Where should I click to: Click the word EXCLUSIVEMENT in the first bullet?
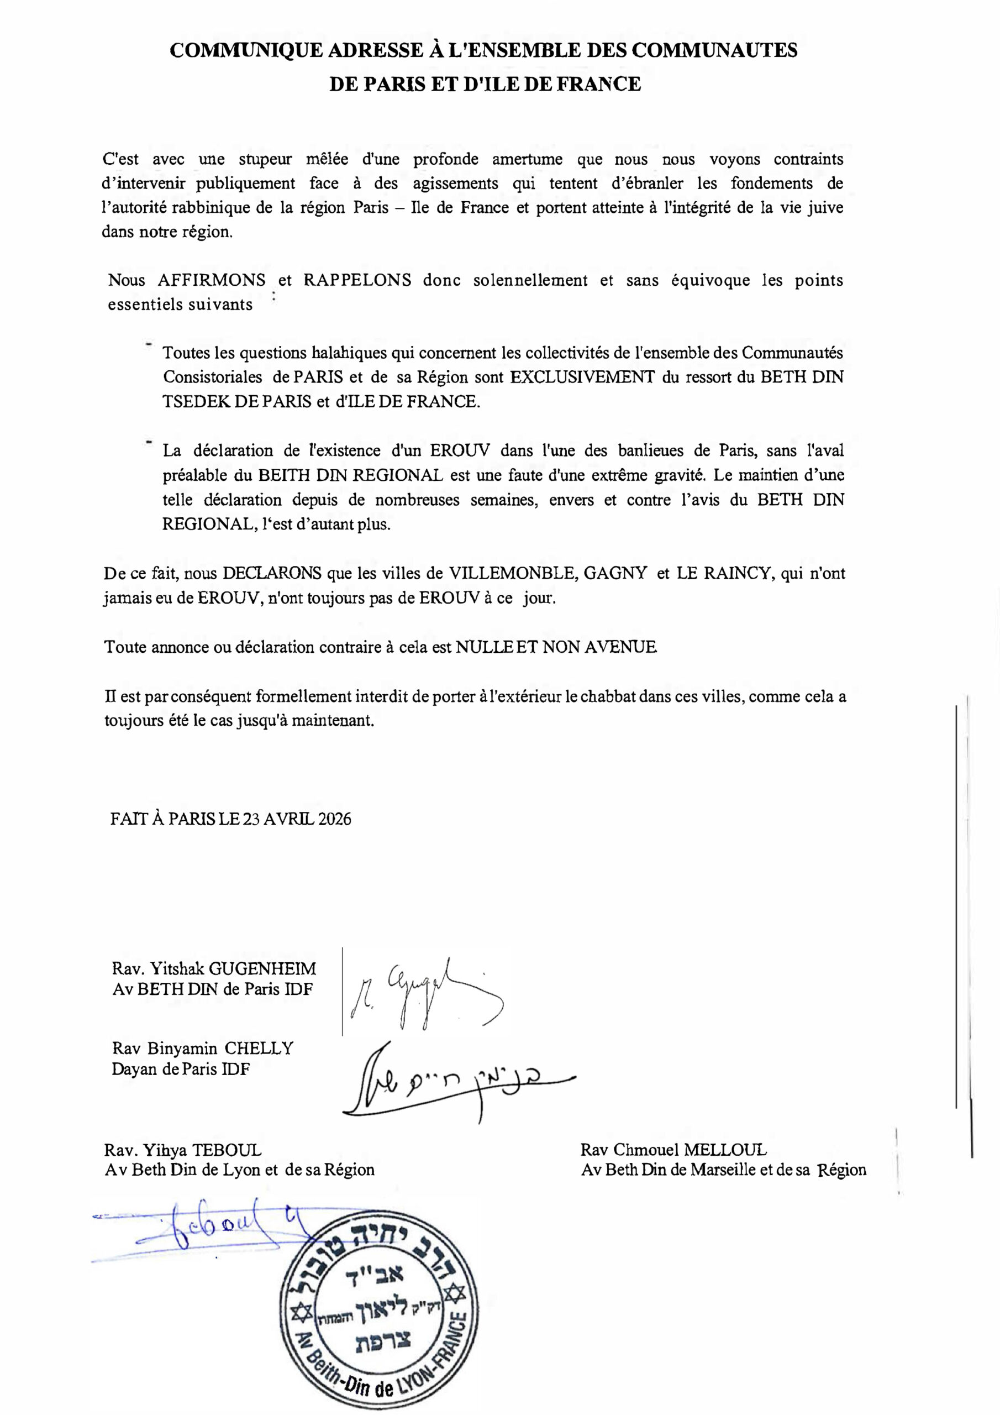pyautogui.click(x=582, y=376)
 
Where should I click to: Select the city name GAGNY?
pyautogui.click(x=615, y=573)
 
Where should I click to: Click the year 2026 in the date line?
pyautogui.click(x=335, y=819)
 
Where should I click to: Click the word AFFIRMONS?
pyautogui.click(x=212, y=280)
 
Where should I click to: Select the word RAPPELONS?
pyautogui.click(x=357, y=280)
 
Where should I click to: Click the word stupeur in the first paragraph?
pyautogui.click(x=265, y=160)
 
